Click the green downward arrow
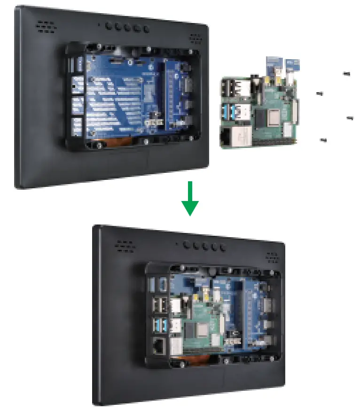190,199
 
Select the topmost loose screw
347,73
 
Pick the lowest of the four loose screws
323,139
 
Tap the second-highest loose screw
320,93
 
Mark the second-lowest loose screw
350,117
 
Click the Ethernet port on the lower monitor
158,346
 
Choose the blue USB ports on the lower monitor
158,324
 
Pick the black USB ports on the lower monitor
158,306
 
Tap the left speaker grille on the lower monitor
125,245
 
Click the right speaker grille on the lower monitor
273,257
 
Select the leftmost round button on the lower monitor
188,244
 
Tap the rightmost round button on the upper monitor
147,29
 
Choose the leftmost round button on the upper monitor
109,26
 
